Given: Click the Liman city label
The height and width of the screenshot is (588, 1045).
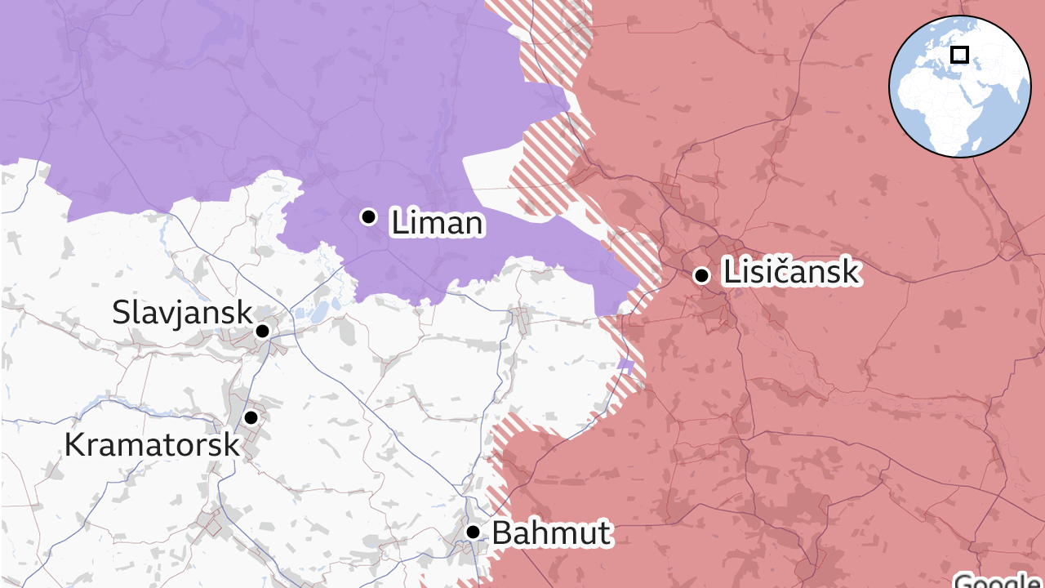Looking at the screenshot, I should pos(437,223).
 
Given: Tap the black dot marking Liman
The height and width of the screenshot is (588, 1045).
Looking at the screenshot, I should pos(368,216).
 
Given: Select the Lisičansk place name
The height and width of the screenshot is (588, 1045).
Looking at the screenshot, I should pos(791,273).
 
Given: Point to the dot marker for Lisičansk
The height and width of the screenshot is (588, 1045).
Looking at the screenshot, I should pos(701,275).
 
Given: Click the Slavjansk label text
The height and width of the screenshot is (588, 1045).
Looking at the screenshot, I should pos(182,312).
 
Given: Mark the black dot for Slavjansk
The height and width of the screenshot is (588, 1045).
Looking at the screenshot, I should pos(262,331).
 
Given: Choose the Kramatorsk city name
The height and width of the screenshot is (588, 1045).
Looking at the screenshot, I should pos(152,445).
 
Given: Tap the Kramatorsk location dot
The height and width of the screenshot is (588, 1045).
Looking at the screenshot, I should pos(251,417).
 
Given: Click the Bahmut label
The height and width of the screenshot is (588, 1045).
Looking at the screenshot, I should pos(551,533).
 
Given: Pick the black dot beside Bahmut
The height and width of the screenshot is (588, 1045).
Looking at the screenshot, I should pos(473,532).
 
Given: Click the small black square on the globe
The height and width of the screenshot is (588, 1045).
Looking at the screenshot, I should pos(960,55).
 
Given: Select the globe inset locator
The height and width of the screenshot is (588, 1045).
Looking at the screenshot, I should pos(959,86).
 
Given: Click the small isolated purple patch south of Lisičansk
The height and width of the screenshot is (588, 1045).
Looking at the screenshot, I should pos(626,365).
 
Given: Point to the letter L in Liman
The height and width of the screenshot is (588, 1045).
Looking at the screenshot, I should pos(398,223).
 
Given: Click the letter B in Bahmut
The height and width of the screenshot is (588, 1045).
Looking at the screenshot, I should pos(501,533).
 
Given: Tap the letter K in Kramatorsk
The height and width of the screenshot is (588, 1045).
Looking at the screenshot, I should pos(75,445).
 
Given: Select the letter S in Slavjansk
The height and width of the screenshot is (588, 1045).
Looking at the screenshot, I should pos(121,312).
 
